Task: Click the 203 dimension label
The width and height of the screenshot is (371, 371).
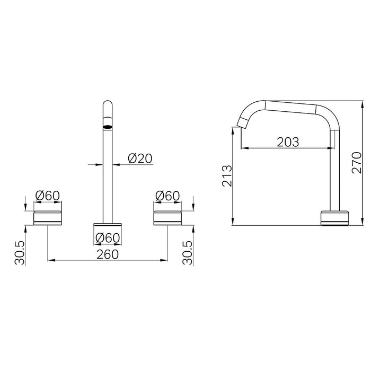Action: (x=288, y=142)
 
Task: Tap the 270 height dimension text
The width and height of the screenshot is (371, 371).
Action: (x=357, y=163)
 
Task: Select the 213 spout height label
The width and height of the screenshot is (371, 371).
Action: (x=227, y=175)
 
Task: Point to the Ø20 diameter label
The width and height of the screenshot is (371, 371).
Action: (x=140, y=158)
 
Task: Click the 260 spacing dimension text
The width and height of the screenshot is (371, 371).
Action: (x=108, y=254)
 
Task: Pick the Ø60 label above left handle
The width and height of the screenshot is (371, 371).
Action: (x=48, y=196)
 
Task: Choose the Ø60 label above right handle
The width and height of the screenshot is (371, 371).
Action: (x=168, y=196)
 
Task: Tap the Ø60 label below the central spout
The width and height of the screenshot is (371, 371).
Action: (x=108, y=238)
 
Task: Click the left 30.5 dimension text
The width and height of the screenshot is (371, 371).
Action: (x=20, y=253)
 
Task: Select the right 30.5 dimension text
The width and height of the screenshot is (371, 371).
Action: (x=188, y=253)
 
